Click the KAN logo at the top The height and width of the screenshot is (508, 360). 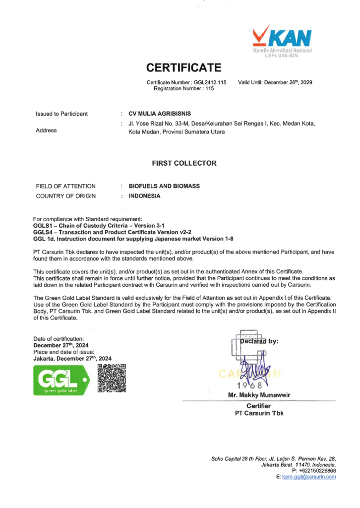click(x=282, y=40)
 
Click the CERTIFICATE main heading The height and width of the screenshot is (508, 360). click(x=183, y=67)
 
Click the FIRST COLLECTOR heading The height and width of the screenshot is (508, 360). click(x=184, y=163)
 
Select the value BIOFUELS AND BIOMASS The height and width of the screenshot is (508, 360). click(x=164, y=186)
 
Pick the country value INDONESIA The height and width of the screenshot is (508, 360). click(x=145, y=196)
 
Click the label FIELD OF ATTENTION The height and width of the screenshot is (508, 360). click(x=65, y=186)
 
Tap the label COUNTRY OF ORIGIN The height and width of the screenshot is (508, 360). click(x=65, y=196)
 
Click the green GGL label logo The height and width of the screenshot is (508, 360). click(x=60, y=380)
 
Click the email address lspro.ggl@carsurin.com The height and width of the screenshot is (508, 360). click(x=308, y=477)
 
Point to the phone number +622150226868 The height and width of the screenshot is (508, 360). click(x=317, y=471)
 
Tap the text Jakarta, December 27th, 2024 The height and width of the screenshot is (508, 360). click(x=72, y=358)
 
